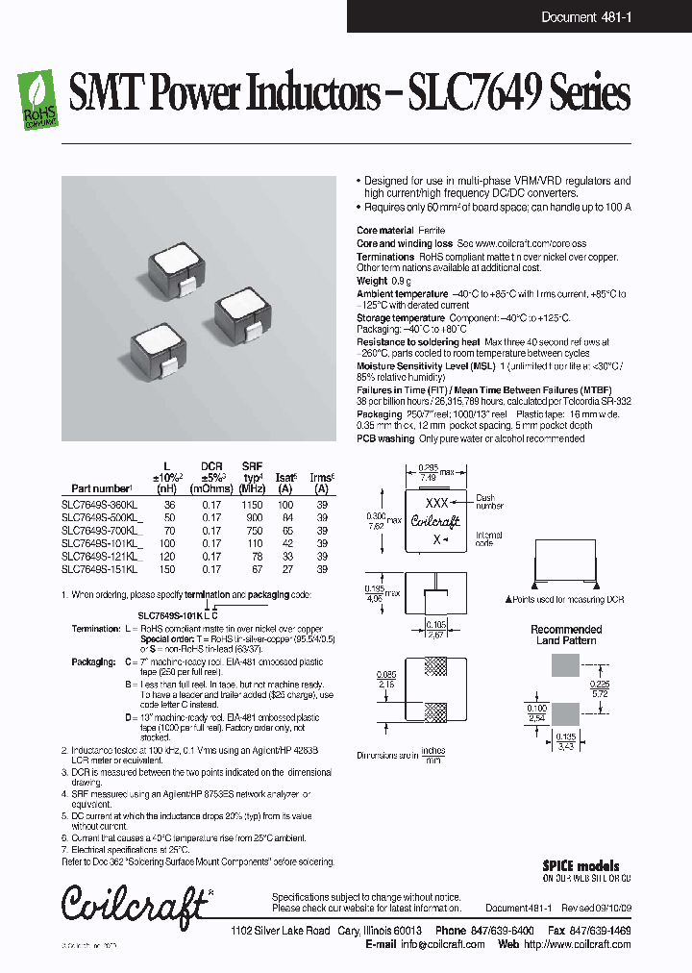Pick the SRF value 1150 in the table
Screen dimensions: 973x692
tap(252, 504)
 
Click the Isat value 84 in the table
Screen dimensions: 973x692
tap(285, 517)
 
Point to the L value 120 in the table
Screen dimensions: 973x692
tap(170, 557)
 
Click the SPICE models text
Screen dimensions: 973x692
tap(581, 866)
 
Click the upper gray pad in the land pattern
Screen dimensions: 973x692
tap(565, 668)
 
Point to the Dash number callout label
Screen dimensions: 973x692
tap(489, 502)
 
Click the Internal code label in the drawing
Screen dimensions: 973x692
tap(488, 538)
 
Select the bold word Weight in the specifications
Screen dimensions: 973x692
tap(372, 281)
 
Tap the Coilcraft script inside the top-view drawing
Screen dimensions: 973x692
tap(435, 521)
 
